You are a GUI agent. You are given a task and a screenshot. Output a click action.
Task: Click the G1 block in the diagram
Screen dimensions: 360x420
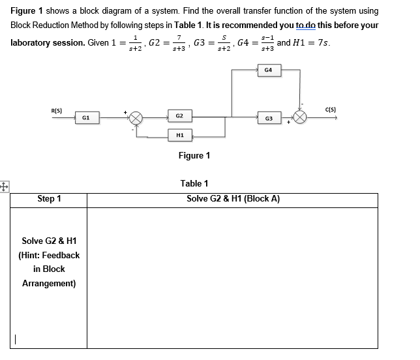click(x=86, y=117)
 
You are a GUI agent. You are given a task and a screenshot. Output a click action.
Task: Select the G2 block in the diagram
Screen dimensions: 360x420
click(x=179, y=116)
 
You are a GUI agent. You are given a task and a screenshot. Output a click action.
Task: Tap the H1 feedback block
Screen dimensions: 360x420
click(x=179, y=135)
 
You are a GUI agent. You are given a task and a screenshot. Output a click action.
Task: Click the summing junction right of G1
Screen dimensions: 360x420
click(x=136, y=118)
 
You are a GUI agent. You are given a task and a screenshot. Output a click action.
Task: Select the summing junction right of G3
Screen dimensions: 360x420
click(x=301, y=118)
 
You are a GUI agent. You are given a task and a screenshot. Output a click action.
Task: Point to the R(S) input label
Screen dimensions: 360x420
click(x=57, y=110)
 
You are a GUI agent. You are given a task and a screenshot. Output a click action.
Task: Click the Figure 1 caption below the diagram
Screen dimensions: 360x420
click(x=194, y=155)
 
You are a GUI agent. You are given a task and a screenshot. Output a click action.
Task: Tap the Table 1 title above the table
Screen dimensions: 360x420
click(x=194, y=183)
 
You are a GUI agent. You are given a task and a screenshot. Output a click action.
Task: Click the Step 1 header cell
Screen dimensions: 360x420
click(x=50, y=199)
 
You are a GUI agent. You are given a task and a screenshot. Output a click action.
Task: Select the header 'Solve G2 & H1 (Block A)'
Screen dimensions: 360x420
click(x=233, y=199)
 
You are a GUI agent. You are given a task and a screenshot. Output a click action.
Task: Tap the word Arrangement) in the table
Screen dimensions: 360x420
click(x=49, y=284)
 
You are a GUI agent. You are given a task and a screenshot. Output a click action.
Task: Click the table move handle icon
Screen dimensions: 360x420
click(x=5, y=185)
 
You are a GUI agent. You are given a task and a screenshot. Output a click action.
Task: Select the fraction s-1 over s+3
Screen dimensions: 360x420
click(x=266, y=44)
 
